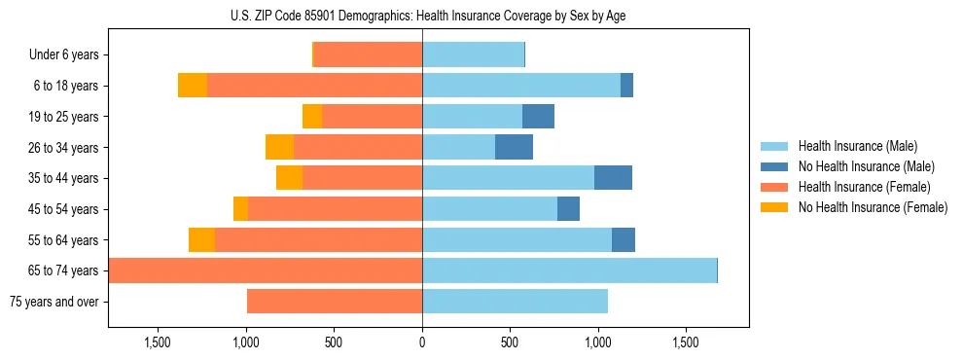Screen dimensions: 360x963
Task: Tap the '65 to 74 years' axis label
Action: (63, 270)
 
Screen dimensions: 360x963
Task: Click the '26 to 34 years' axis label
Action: (63, 148)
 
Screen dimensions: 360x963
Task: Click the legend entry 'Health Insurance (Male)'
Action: (858, 147)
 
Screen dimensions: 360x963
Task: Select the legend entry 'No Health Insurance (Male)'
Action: (866, 167)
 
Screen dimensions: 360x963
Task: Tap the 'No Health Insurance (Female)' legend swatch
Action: (775, 207)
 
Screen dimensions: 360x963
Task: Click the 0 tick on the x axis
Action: (422, 343)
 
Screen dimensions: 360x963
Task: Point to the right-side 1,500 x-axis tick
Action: (685, 343)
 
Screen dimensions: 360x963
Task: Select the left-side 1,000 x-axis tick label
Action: (246, 343)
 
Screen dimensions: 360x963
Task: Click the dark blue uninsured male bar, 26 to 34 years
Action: (514, 147)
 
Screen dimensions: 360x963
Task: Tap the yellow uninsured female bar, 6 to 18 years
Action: (193, 86)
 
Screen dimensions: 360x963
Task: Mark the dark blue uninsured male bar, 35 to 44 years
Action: (613, 178)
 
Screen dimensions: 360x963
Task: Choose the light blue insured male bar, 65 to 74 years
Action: (569, 270)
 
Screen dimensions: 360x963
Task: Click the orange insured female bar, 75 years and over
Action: (335, 302)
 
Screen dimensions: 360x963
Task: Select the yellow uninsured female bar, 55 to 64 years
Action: (201, 239)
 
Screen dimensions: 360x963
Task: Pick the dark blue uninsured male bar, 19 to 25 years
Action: (538, 117)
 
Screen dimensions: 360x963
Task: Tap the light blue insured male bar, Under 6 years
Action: (473, 55)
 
